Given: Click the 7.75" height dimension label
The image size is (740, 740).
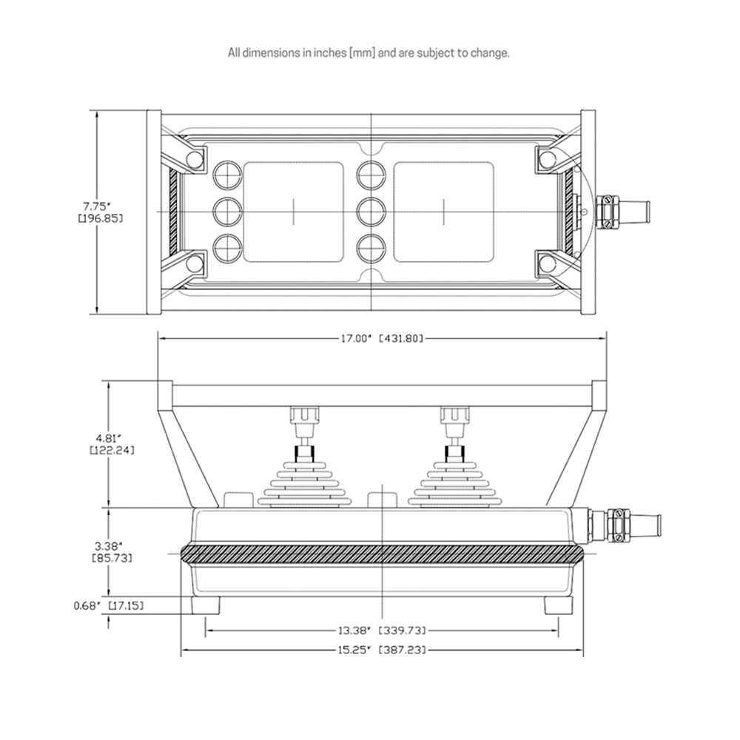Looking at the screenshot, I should tap(100, 212).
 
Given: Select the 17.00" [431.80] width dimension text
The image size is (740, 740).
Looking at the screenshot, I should tap(381, 338).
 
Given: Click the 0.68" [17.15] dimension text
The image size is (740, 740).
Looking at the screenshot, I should tap(108, 605).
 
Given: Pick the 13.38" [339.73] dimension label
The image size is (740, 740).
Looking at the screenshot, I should tap(381, 630).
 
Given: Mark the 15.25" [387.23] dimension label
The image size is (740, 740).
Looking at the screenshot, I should tap(381, 650).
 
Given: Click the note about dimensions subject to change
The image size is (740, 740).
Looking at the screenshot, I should tap(369, 53).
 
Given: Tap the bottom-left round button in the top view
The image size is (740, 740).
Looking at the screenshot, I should tap(228, 248).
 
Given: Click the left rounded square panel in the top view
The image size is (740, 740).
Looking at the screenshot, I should tap(294, 212).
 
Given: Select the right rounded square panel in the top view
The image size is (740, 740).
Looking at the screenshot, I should tap(444, 212).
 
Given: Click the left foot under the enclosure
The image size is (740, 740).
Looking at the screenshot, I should tap(206, 605).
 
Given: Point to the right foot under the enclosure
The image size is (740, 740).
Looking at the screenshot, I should tap(559, 605).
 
